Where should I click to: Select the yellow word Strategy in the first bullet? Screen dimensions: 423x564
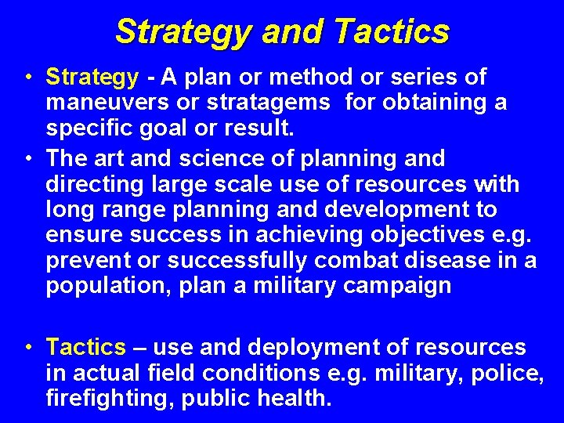(x=92, y=78)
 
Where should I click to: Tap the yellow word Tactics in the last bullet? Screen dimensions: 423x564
(x=85, y=347)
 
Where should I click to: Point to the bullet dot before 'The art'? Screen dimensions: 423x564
(x=28, y=159)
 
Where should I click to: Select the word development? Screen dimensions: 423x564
(x=392, y=210)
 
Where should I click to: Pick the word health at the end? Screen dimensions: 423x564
(x=298, y=399)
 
